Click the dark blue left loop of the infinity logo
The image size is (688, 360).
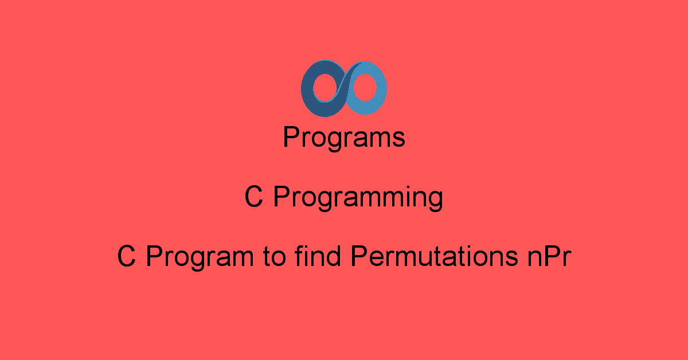(x=307, y=89)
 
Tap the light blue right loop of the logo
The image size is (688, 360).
(x=381, y=89)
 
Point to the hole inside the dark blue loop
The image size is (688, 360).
(x=325, y=88)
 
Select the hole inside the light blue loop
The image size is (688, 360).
(x=365, y=88)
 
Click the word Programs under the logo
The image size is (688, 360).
(x=344, y=138)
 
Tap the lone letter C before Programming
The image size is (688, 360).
(x=253, y=197)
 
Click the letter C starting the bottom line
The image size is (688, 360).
(x=126, y=256)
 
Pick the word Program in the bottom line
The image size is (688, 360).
(x=200, y=257)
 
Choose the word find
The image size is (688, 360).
(x=318, y=256)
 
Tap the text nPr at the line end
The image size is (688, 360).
(x=549, y=256)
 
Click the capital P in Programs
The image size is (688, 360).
(x=291, y=136)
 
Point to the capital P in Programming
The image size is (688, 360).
(x=282, y=197)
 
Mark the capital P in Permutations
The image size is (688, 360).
(x=359, y=256)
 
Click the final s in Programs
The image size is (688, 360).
(x=398, y=139)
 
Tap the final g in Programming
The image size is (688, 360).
(x=436, y=202)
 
